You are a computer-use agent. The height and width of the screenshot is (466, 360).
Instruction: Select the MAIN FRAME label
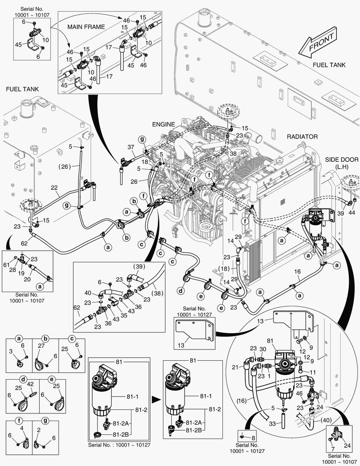pos(86,27)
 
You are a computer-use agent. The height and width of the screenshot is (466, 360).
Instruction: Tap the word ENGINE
pos(163,124)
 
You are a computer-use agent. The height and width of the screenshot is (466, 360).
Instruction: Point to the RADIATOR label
pos(302,136)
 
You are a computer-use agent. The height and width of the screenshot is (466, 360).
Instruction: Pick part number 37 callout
pos(131,147)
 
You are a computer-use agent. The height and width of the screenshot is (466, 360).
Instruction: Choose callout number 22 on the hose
pos(54,187)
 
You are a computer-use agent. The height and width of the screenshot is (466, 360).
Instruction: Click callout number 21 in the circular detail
pos(247,367)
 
